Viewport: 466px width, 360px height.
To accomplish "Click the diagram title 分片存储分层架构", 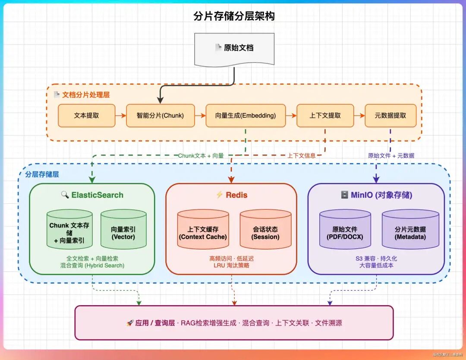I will coord(234,16).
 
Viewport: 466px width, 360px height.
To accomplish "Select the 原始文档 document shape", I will coord(234,48).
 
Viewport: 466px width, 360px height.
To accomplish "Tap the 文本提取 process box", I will coord(86,116).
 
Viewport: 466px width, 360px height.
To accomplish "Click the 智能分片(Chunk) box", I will coord(160,116).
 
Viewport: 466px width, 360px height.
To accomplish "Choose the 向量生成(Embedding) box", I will coord(246,116).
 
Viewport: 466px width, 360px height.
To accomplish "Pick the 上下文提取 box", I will coord(325,116).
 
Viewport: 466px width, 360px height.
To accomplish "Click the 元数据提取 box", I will coord(390,116).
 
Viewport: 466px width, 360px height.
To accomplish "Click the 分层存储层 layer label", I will coord(42,174).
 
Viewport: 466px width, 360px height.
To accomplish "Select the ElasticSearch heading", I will coord(92,195).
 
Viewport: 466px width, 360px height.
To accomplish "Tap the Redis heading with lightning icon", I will coord(232,195).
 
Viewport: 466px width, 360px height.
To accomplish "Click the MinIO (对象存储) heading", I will coord(376,195).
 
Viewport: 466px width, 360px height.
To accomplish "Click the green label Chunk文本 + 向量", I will coord(201,156).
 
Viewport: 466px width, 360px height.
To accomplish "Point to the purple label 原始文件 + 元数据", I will coord(391,156).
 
